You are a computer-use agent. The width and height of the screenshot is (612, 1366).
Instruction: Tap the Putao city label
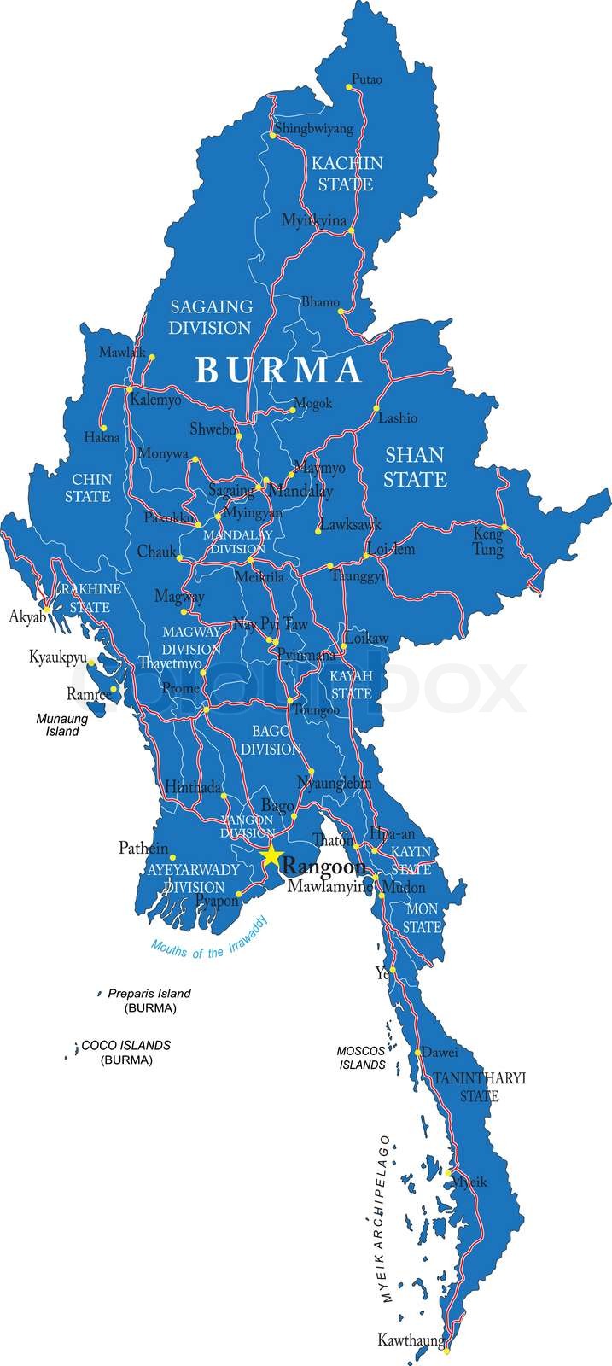[x=366, y=79]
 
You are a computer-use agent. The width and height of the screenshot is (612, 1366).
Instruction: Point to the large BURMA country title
[x=278, y=370]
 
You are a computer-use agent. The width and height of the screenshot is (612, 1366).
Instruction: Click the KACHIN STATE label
[x=346, y=172]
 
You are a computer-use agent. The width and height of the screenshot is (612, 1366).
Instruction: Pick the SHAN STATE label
[x=415, y=466]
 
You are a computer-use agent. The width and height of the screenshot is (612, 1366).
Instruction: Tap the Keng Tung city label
[x=488, y=542]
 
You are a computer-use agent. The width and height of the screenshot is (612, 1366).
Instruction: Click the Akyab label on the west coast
[x=26, y=616]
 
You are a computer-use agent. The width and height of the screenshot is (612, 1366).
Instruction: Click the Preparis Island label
[x=149, y=993]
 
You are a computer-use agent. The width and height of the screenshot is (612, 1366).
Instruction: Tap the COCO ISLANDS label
[x=125, y=1045]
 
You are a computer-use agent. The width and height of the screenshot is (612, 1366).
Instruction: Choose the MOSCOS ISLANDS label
[x=362, y=1057]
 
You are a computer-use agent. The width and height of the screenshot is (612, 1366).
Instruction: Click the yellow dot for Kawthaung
[x=446, y=1350]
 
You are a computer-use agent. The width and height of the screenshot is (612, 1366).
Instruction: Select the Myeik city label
[x=468, y=1182]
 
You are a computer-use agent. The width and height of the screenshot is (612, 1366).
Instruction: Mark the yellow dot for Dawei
[x=417, y=1052]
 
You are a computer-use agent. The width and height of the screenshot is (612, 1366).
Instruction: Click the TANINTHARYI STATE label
[x=478, y=1087]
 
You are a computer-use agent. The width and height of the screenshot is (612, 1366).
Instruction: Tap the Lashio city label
[x=398, y=418]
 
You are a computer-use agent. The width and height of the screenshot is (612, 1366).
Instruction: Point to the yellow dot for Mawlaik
[x=152, y=357]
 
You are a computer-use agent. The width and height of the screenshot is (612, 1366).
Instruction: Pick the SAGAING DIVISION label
[x=210, y=316]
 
